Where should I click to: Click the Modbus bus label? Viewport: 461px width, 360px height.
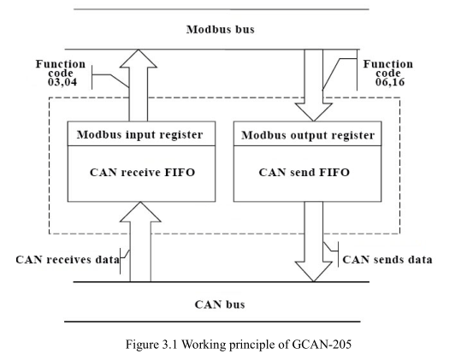[x=220, y=29]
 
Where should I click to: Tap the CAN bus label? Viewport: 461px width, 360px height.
[x=220, y=304]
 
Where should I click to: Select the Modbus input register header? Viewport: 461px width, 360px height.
[x=140, y=134]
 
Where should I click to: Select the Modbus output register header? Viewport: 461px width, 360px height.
[x=308, y=135]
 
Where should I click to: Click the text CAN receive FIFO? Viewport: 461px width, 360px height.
[x=142, y=172]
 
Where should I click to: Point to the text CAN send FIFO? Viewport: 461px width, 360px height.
[x=304, y=172]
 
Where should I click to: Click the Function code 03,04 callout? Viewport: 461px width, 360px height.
[x=61, y=73]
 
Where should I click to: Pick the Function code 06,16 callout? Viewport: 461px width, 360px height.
[x=388, y=73]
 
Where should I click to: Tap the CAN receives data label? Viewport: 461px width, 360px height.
[x=68, y=260]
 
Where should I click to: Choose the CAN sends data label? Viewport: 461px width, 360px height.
[x=387, y=260]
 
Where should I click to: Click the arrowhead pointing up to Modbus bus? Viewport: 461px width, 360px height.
[x=139, y=59]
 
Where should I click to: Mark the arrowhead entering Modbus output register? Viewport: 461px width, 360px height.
[x=313, y=112]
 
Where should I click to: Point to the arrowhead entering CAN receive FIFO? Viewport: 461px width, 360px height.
[x=140, y=212]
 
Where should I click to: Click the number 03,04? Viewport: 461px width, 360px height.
[x=62, y=82]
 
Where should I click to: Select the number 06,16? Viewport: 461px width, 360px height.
[x=390, y=82]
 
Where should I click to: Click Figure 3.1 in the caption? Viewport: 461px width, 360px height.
[x=151, y=344]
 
